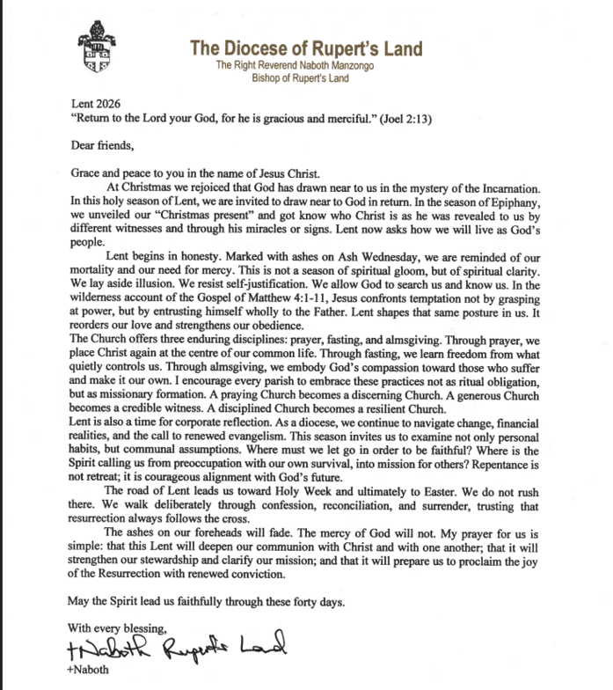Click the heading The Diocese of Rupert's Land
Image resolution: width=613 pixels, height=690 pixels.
305,48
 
